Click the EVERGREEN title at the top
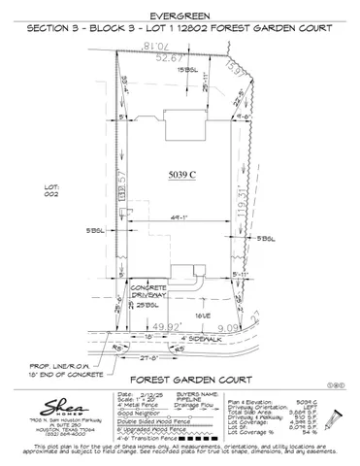pyautogui.click(x=180, y=17)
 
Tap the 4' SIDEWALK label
pyautogui.click(x=193, y=337)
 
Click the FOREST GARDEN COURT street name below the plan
pyautogui.click(x=180, y=377)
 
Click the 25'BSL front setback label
pyautogui.click(x=146, y=306)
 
